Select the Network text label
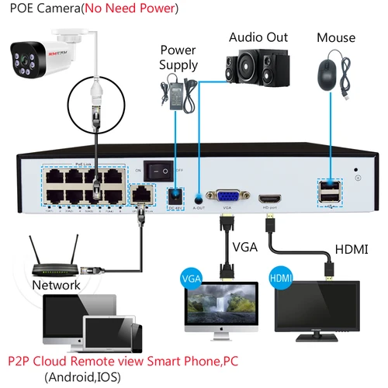56,285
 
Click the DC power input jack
175,194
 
